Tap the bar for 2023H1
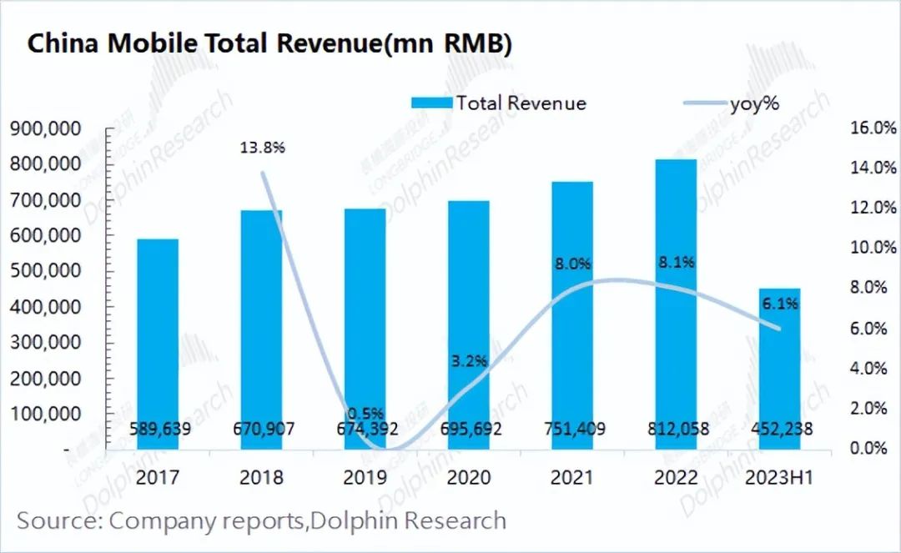[x=779, y=367]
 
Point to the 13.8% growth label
[x=263, y=148]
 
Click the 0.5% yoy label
[x=365, y=413]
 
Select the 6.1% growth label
[x=779, y=304]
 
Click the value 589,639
[x=158, y=430]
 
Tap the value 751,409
[x=572, y=430]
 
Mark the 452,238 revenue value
[x=779, y=430]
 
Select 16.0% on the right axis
[x=873, y=128]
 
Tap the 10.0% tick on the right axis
[x=873, y=248]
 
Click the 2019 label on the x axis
[x=365, y=478]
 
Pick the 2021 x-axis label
[x=572, y=478]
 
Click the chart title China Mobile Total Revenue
[x=269, y=44]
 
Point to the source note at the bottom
[x=261, y=521]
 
